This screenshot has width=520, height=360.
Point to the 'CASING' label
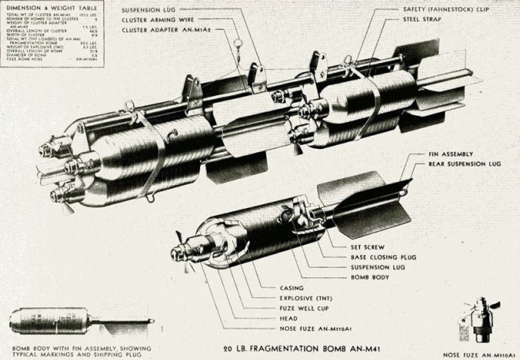[x=294, y=287]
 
